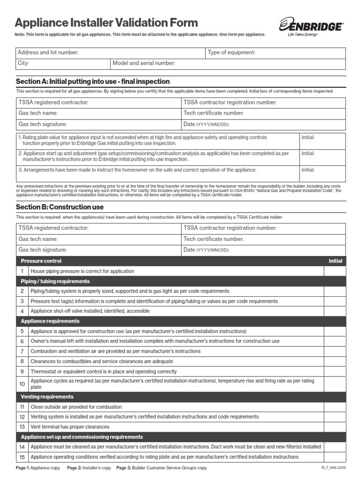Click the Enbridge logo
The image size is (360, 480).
310,26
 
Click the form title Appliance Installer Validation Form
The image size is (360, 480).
106,22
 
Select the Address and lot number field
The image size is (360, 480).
111,53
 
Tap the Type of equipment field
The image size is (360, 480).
275,53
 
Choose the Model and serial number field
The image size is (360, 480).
227,63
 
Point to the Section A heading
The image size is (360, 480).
93,82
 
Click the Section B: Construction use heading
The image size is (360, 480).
60,207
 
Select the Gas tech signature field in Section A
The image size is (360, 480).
98,124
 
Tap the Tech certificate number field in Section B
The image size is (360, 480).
263,239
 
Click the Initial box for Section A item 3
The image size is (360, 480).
322,174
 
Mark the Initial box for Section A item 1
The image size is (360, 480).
322,141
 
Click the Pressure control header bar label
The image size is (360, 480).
41,261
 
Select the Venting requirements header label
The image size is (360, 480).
47,397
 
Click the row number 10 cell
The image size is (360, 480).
22,384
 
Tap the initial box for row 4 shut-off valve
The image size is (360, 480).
335,311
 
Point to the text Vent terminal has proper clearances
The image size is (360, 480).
70,427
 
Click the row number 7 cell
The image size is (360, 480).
22,351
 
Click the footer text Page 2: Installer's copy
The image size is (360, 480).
89,468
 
